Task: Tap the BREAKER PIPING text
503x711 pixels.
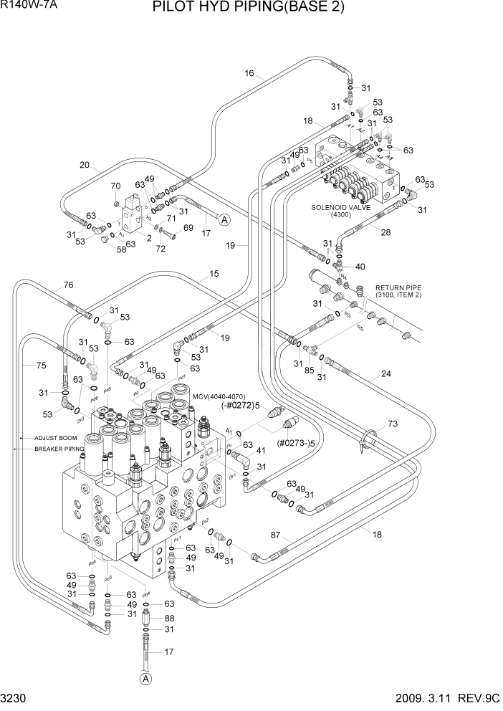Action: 59,449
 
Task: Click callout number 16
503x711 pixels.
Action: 249,73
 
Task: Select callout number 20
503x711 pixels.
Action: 85,166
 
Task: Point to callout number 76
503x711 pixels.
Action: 68,285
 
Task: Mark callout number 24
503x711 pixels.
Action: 385,373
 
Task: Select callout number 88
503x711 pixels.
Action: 169,618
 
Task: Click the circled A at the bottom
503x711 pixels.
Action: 146,678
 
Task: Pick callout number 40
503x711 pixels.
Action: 360,267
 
